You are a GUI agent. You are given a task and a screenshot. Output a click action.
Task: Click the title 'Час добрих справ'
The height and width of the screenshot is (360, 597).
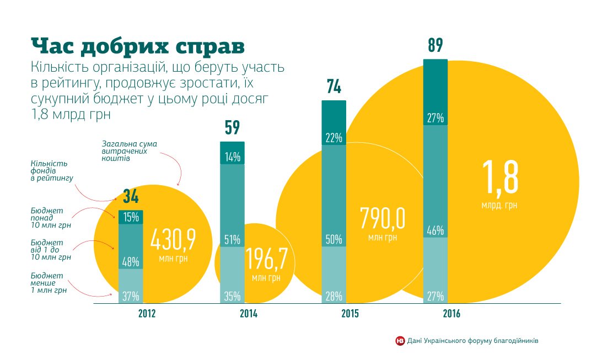click(138, 46)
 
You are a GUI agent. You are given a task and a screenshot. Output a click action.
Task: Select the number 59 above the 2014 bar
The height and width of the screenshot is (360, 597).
click(232, 128)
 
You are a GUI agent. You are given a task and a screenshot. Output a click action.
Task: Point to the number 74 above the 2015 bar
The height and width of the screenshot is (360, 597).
click(334, 87)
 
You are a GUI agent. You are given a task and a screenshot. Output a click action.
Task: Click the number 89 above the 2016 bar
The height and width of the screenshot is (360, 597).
click(435, 46)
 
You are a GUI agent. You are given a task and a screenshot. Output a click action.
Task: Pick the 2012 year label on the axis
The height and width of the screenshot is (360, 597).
click(146, 314)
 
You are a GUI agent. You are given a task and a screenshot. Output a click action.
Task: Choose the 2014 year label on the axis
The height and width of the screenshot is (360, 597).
click(248, 314)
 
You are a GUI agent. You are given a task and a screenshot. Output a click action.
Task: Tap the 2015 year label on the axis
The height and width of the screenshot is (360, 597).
click(349, 314)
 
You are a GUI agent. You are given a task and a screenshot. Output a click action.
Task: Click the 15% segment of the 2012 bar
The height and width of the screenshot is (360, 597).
click(131, 217)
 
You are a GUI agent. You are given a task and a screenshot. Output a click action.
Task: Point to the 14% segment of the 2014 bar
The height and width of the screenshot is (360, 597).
click(232, 157)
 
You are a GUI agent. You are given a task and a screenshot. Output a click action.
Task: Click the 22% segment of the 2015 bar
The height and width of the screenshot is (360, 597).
click(334, 138)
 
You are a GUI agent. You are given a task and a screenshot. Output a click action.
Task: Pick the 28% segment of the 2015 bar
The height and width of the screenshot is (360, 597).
click(334, 296)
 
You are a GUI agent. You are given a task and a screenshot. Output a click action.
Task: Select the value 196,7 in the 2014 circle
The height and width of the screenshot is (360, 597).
click(266, 258)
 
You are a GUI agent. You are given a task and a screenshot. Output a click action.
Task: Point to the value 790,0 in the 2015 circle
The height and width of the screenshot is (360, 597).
click(383, 219)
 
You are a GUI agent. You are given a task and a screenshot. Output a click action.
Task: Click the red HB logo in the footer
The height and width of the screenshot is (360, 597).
click(400, 341)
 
